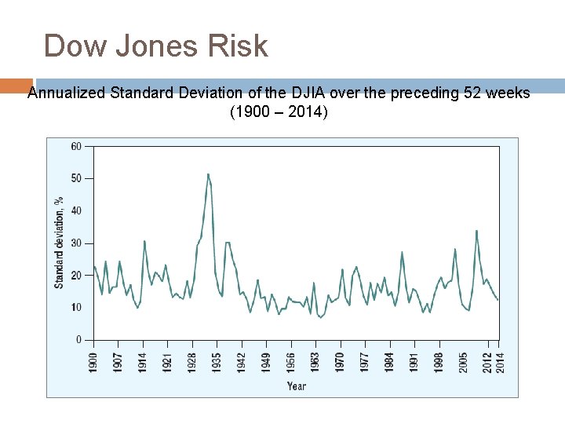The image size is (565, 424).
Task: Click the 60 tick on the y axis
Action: tap(76, 146)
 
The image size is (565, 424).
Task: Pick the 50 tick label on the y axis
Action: tap(76, 178)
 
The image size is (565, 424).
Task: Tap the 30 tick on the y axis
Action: tap(76, 243)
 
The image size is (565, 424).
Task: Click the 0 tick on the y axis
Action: tap(78, 340)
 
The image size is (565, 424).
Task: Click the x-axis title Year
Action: tap(297, 386)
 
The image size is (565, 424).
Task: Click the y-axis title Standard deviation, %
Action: tap(59, 243)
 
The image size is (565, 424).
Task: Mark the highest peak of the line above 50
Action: tap(208, 174)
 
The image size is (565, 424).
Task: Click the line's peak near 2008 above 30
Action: tap(476, 231)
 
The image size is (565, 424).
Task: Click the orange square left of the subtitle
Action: tap(16, 86)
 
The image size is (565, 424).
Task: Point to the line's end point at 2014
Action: tap(498, 300)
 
